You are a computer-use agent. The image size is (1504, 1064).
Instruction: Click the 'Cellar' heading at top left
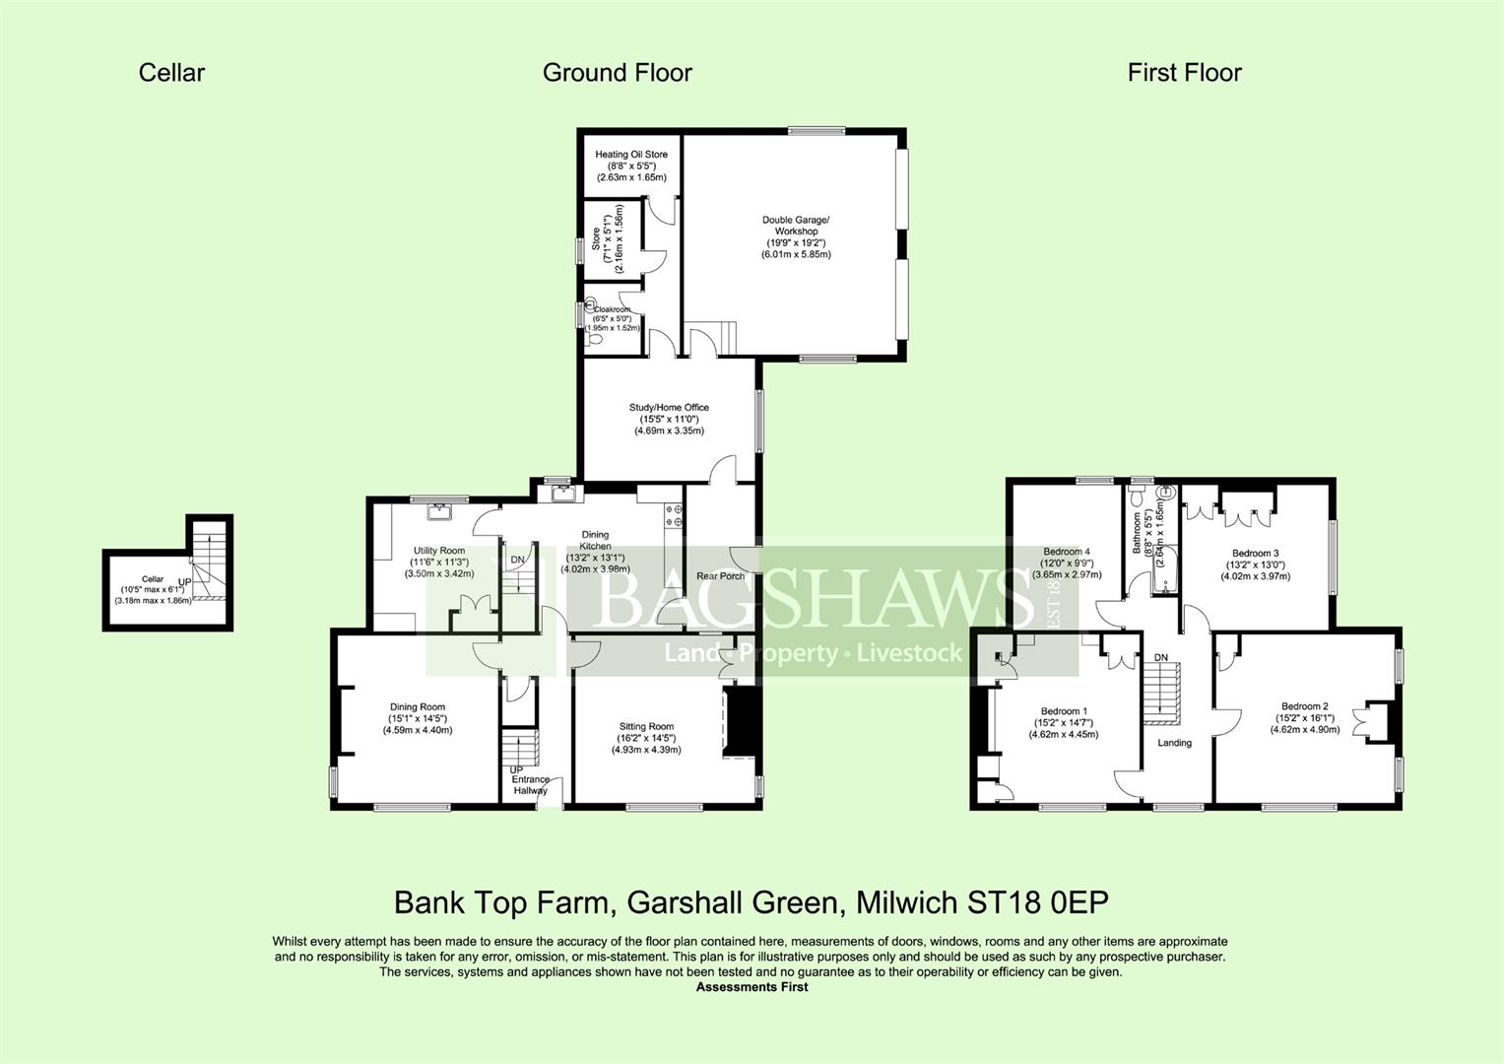[x=171, y=73]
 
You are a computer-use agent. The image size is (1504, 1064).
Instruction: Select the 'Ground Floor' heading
[x=617, y=73]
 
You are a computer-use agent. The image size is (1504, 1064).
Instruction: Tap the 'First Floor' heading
[x=1184, y=73]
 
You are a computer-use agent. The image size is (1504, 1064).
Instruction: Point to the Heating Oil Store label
[x=631, y=155]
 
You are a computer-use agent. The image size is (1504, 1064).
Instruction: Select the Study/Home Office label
[x=669, y=408]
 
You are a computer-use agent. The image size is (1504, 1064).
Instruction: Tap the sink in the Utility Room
[x=437, y=511]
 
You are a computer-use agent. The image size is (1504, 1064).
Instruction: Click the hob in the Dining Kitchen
[x=676, y=515]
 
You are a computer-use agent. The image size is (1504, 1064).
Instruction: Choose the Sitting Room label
[x=646, y=727]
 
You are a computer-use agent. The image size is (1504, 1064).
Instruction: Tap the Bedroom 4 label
[x=1067, y=552]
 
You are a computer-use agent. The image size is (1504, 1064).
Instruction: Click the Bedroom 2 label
[x=1305, y=706]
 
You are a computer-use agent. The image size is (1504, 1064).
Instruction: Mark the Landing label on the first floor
[x=1174, y=743]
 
